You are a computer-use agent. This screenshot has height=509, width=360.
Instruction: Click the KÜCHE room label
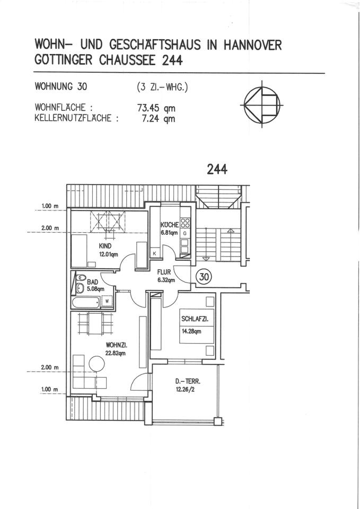[170, 225]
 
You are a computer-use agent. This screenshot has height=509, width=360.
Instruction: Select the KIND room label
[105, 246]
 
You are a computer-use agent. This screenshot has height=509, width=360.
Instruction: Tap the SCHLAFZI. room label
[194, 319]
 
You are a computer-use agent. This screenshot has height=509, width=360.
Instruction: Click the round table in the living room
[97, 365]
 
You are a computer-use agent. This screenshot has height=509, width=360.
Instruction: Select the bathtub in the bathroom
[85, 304]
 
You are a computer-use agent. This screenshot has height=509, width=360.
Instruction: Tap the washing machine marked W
[107, 301]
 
